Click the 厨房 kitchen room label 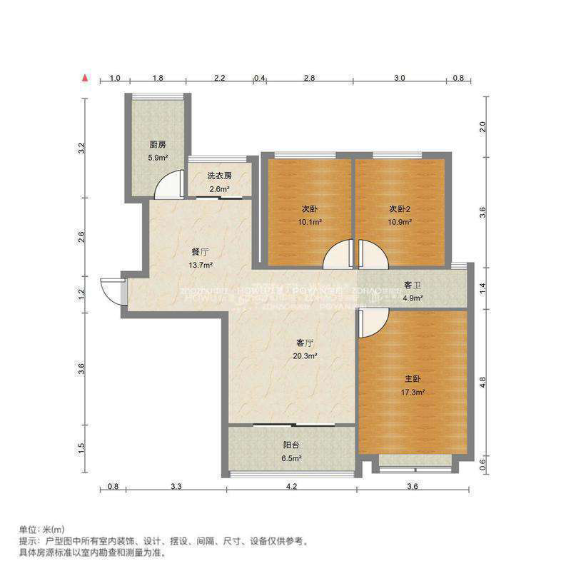click(x=157, y=145)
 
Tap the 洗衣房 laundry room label click(x=219, y=176)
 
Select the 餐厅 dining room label click(x=200, y=252)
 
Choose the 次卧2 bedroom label click(x=400, y=209)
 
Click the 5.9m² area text click(x=157, y=158)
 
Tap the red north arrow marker click(x=84, y=76)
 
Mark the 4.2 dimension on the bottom click(x=291, y=487)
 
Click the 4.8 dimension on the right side click(x=482, y=382)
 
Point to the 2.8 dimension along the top click(x=308, y=78)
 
